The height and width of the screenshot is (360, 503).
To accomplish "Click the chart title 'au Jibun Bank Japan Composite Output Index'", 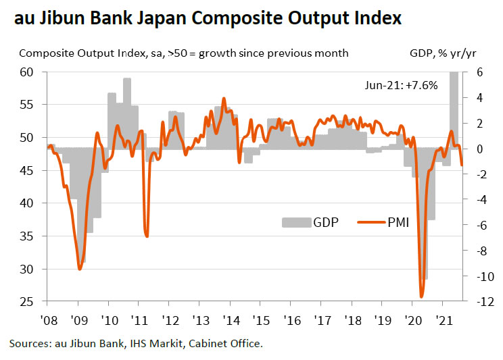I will point(206,18).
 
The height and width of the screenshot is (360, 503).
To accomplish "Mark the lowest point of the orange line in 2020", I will point(422,297).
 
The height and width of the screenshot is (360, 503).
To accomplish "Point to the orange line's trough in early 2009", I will point(80,269).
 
